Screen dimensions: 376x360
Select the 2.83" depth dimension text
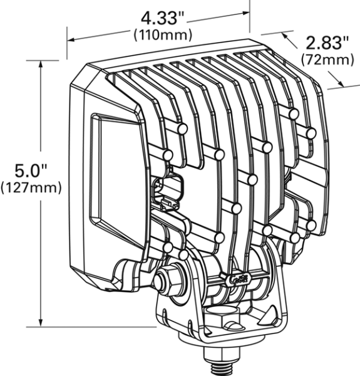click(326, 43)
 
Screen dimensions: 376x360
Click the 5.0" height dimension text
click(29, 170)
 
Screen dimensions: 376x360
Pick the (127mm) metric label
click(31, 187)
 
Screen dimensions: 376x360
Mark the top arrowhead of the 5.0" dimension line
click(42, 63)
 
